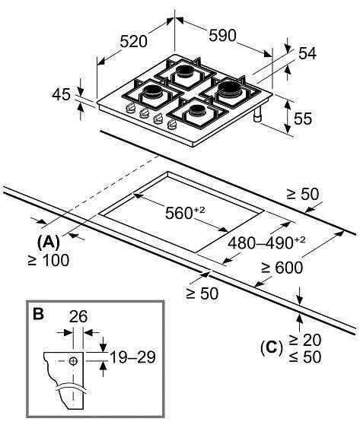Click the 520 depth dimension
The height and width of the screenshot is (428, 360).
134,42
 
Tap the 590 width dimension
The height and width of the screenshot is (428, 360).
222,35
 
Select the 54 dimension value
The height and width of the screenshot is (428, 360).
307,53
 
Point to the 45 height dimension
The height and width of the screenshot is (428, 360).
61,94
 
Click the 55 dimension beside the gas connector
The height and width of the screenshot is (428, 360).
303,119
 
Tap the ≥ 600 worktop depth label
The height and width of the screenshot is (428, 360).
282,268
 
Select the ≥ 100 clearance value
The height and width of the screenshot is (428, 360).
49,260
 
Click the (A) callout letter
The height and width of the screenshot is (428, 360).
49,242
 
